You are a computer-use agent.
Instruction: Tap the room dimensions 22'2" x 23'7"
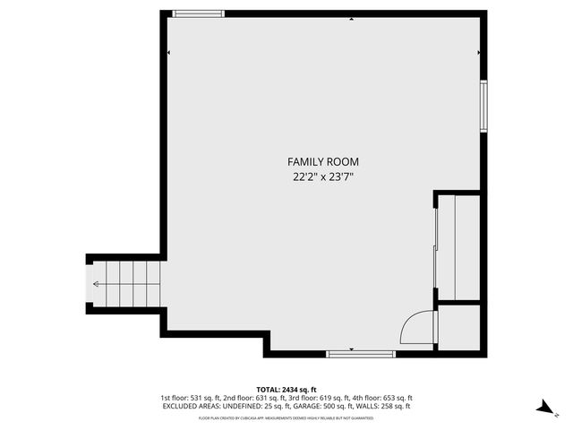click(x=323, y=177)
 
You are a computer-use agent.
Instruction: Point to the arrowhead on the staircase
click(x=96, y=284)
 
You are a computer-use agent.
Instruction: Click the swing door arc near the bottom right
click(x=414, y=328)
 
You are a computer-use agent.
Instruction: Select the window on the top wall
click(x=199, y=13)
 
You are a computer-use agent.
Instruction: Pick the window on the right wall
click(x=483, y=107)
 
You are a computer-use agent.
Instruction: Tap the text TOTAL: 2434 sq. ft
click(x=286, y=390)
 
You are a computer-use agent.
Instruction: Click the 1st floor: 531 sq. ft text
click(x=192, y=398)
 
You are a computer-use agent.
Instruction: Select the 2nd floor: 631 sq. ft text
click(x=257, y=398)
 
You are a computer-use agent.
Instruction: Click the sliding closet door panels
click(x=437, y=247)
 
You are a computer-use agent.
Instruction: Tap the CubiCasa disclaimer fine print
click(x=286, y=417)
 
